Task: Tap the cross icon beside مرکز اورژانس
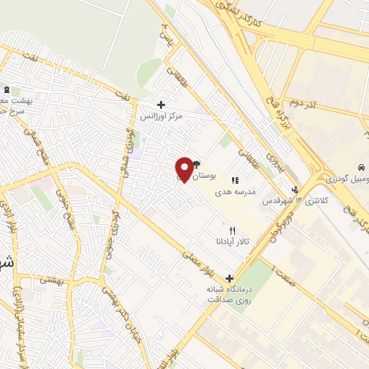(161, 105)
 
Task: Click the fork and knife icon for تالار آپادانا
(232, 230)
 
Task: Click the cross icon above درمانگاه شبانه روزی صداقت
(230, 278)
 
